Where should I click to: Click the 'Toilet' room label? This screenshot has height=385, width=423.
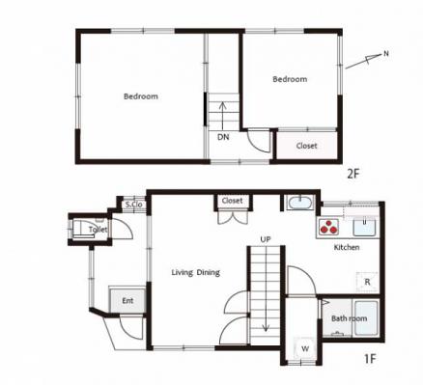pos(99,230)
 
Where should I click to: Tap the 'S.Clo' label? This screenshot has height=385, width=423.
pos(133,205)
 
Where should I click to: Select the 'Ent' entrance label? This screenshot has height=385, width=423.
pos(127,301)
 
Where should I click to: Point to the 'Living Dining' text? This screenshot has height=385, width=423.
pos(196,273)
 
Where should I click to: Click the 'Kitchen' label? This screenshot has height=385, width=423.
pos(347,247)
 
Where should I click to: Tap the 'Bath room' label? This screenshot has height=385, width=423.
pos(350,318)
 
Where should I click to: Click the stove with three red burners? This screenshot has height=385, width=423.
pos(328,227)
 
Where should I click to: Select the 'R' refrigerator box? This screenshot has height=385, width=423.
pos(367,282)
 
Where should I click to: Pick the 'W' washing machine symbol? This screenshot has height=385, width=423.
pos(305,348)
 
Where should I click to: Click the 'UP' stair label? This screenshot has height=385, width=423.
pos(266,239)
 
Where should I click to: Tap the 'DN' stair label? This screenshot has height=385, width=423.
pos(223,137)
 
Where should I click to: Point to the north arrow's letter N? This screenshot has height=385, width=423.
pos(386,54)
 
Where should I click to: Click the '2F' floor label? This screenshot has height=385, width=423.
pos(352,174)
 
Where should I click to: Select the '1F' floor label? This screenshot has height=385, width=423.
pos(370,358)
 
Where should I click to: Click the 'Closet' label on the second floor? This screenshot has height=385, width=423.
pos(307,146)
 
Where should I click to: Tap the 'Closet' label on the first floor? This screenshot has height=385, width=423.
pos(232,201)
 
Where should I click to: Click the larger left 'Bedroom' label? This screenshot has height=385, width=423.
pos(141,96)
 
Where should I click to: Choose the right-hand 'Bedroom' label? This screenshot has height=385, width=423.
pos(290,79)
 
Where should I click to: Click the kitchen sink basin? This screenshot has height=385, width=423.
pos(365,228)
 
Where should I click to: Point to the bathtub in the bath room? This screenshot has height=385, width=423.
pos(366,318)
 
